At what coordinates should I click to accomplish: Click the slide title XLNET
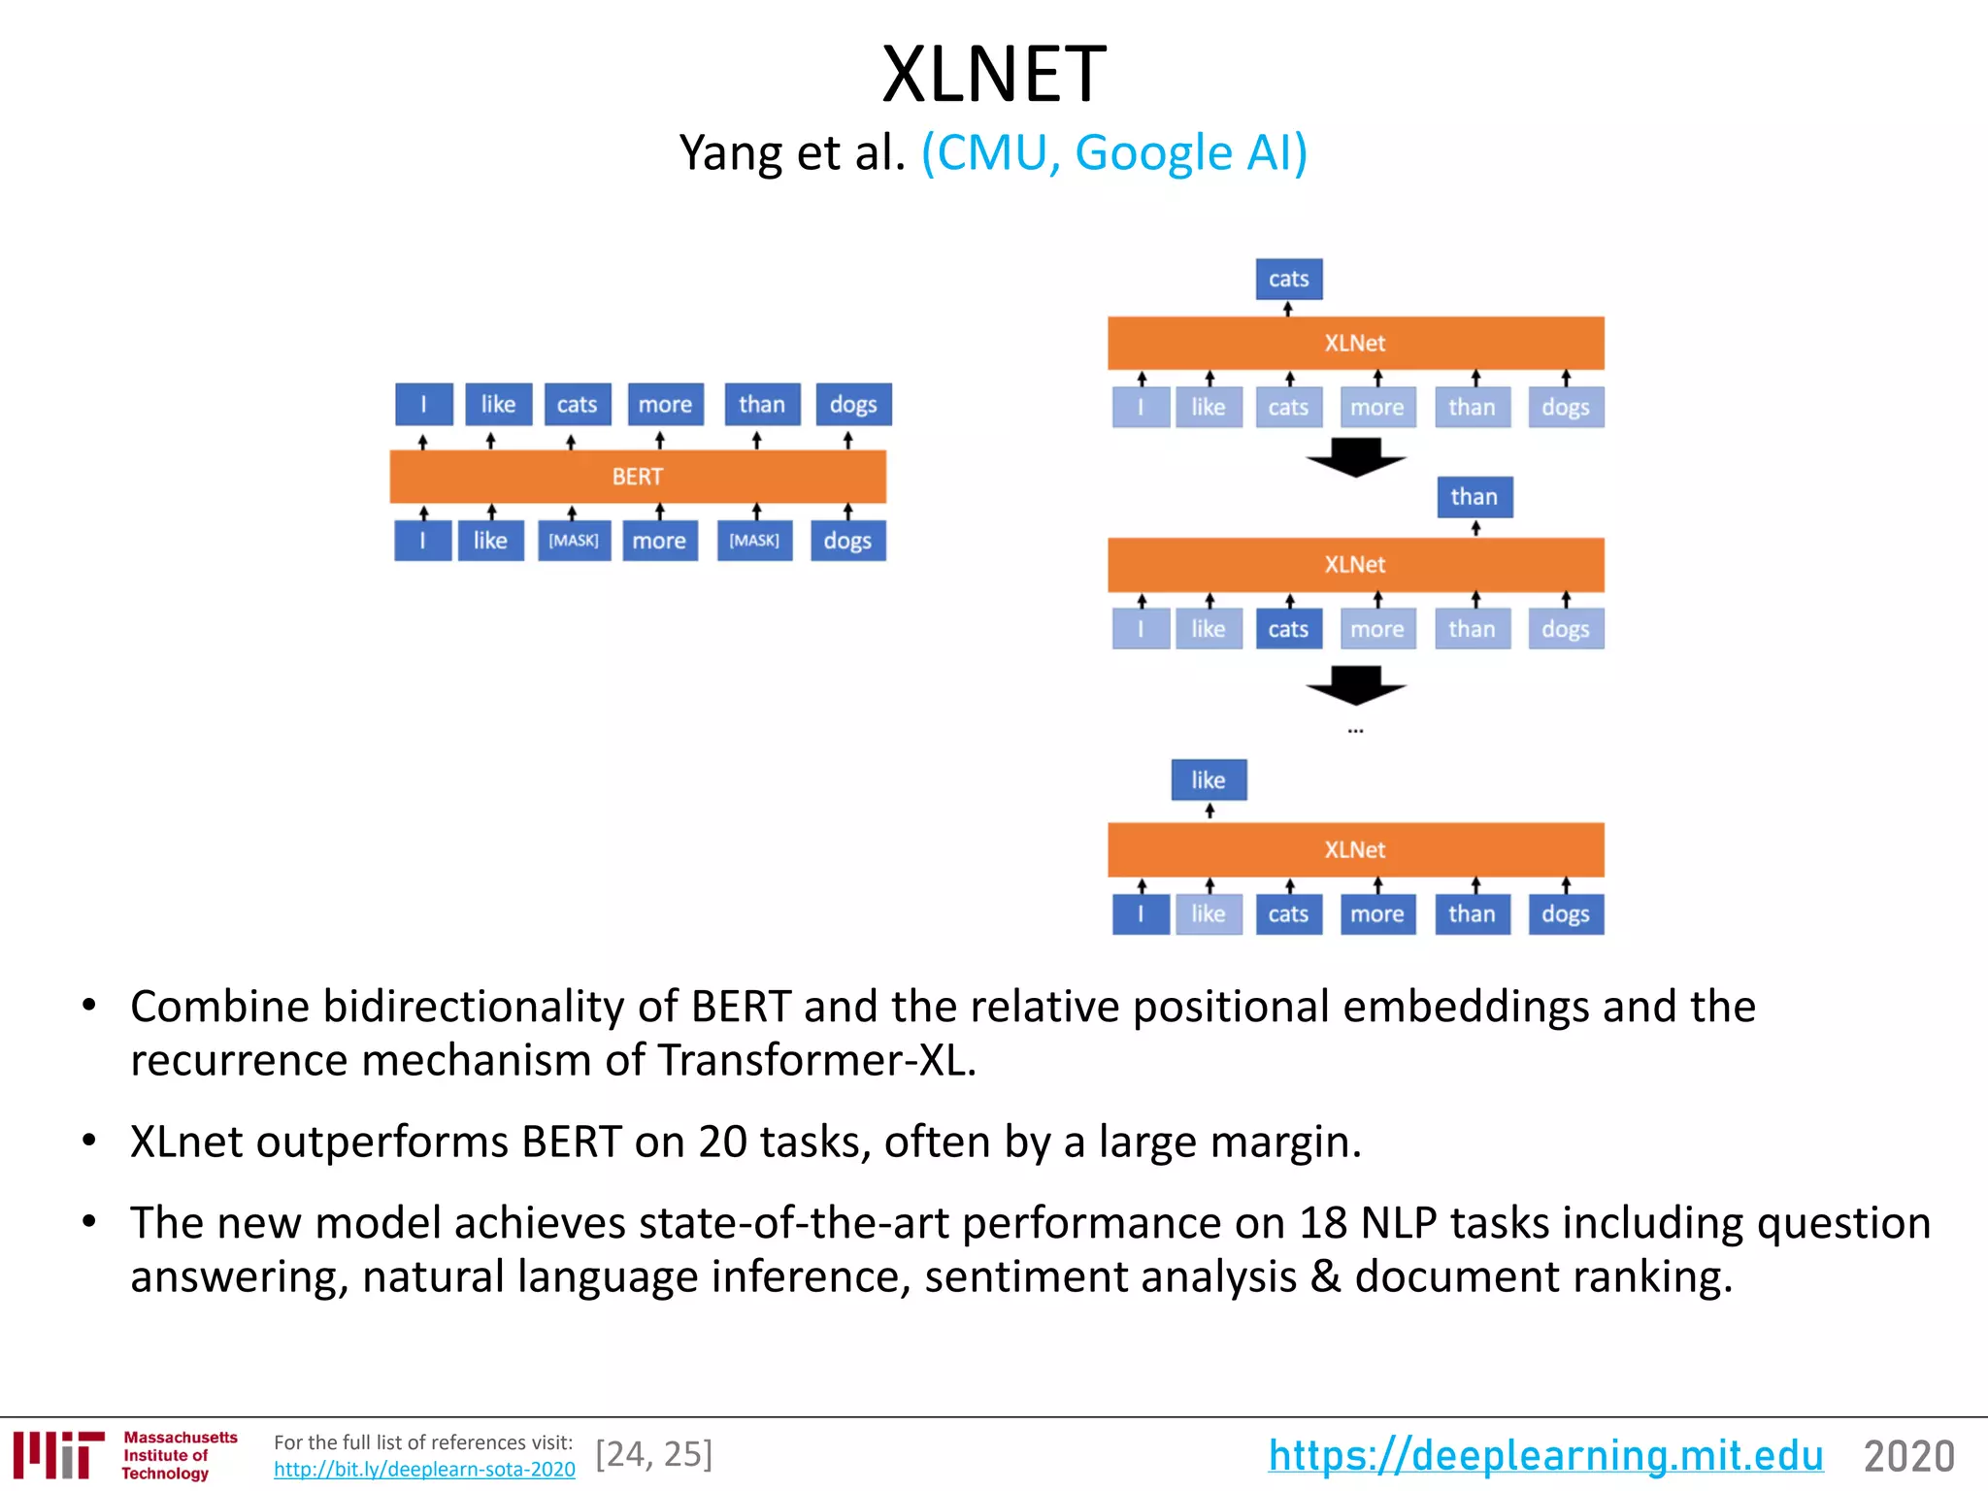pyautogui.click(x=993, y=75)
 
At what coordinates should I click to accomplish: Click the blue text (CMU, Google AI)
pyautogui.click(x=1114, y=153)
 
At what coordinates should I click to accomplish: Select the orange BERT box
pyautogui.click(x=637, y=477)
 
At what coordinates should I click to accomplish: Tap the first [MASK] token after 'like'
pyautogui.click(x=574, y=541)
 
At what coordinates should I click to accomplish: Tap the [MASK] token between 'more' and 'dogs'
pyautogui.click(x=754, y=541)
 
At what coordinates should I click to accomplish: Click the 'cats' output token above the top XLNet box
pyautogui.click(x=1288, y=280)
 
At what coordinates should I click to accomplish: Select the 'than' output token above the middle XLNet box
pyautogui.click(x=1474, y=497)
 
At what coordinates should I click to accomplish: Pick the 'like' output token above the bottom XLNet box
pyautogui.click(x=1209, y=780)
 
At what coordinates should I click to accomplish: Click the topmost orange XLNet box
pyautogui.click(x=1355, y=344)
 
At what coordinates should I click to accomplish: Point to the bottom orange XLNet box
pyautogui.click(x=1355, y=850)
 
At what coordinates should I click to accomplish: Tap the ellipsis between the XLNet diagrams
pyautogui.click(x=1355, y=731)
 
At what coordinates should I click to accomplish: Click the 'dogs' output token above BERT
pyautogui.click(x=852, y=405)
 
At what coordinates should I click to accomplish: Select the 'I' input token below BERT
pyautogui.click(x=422, y=541)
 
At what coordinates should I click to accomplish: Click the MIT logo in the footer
pyautogui.click(x=58, y=1455)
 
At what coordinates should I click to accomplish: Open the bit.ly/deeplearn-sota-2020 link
pyautogui.click(x=424, y=1470)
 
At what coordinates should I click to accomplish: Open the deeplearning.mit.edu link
pyautogui.click(x=1545, y=1456)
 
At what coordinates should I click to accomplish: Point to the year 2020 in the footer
pyautogui.click(x=1908, y=1456)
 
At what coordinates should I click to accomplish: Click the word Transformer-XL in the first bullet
pyautogui.click(x=815, y=1060)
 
